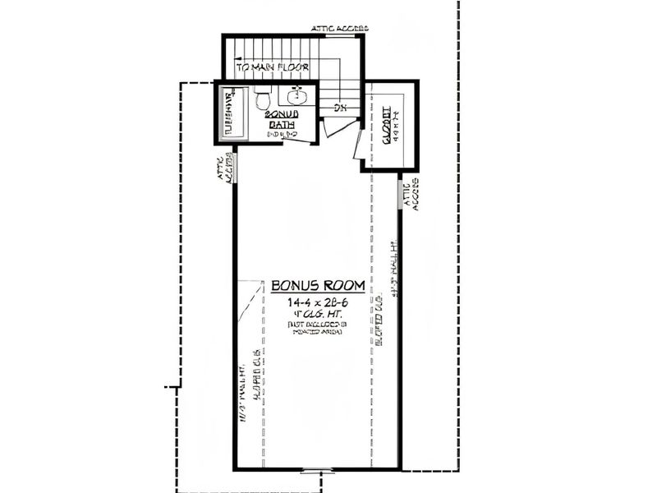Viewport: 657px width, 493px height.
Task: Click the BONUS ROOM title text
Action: click(x=317, y=286)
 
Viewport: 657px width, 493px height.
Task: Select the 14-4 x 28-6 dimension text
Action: click(x=317, y=302)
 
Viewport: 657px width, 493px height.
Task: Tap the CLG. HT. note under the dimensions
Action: click(x=317, y=314)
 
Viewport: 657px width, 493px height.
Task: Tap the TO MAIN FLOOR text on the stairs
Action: click(x=270, y=67)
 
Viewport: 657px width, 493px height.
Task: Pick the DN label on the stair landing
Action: click(x=338, y=108)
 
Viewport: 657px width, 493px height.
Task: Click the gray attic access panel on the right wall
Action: click(x=401, y=195)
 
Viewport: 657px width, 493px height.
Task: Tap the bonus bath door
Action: click(x=297, y=140)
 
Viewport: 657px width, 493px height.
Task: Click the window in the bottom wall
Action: click(x=316, y=471)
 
